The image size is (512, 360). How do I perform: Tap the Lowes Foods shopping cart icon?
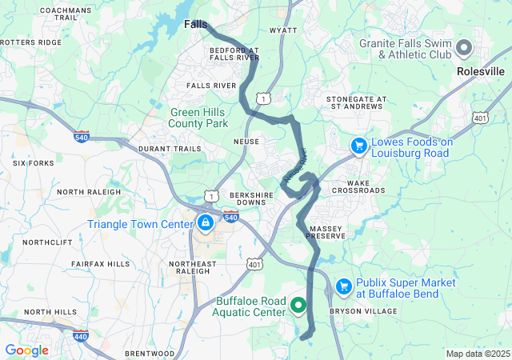click(x=359, y=146)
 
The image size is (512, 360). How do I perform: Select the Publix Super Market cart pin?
click(x=344, y=286)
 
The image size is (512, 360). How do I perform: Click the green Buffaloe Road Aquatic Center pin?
click(x=298, y=305)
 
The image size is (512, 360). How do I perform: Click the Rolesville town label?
click(x=480, y=71)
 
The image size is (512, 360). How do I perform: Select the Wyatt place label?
click(x=283, y=30)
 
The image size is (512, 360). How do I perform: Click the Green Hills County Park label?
click(x=198, y=118)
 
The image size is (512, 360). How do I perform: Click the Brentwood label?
click(x=150, y=353)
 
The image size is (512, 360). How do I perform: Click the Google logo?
click(x=26, y=350)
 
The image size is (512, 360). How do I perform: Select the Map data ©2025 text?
click(x=478, y=354)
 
